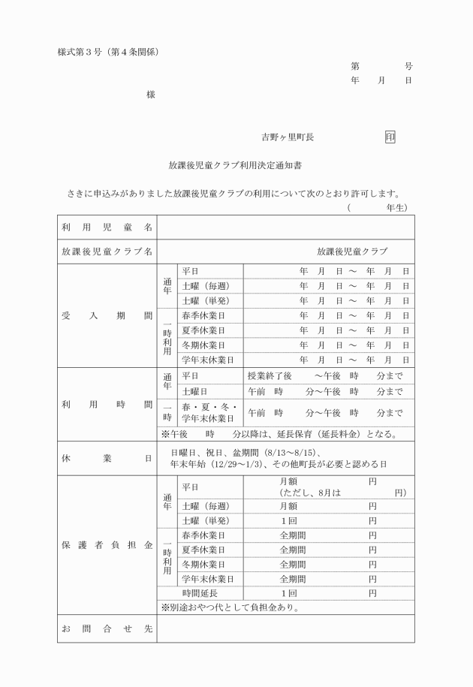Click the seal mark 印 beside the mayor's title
390,137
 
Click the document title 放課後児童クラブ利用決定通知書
236,164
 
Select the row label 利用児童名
107,226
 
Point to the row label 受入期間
107,315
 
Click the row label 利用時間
107,404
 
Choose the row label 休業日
107,456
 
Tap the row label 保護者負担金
107,543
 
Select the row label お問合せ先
107,628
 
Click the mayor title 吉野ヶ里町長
288,137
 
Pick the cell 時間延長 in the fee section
202,592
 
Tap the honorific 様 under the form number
151,95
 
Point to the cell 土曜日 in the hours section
194,392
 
